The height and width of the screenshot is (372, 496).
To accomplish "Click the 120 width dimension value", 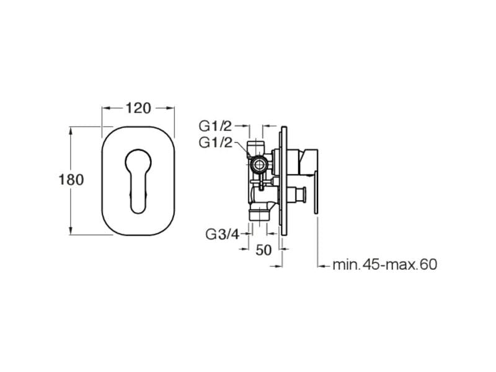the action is point(138,108).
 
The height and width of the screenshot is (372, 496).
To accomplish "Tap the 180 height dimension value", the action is point(71,180).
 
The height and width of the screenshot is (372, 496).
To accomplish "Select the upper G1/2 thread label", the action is point(215,126).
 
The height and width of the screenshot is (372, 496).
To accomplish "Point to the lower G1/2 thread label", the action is point(215,143).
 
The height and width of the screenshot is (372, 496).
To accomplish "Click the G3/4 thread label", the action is point(223,234).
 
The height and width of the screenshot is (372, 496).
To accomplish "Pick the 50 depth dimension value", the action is point(263,250).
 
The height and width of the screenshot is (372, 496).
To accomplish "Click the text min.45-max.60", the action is point(384,265).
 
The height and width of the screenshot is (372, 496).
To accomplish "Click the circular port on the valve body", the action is point(260,164).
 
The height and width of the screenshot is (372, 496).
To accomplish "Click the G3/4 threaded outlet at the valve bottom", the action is point(259,214).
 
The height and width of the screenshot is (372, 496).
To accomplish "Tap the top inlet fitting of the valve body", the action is point(255,146).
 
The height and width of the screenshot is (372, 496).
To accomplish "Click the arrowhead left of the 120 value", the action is point(105,108).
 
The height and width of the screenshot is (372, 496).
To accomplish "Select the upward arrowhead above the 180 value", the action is point(71,131).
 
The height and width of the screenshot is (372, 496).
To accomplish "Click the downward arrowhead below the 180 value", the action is point(71,230).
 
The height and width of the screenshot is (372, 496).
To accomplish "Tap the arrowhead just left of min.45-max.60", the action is point(321,267).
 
